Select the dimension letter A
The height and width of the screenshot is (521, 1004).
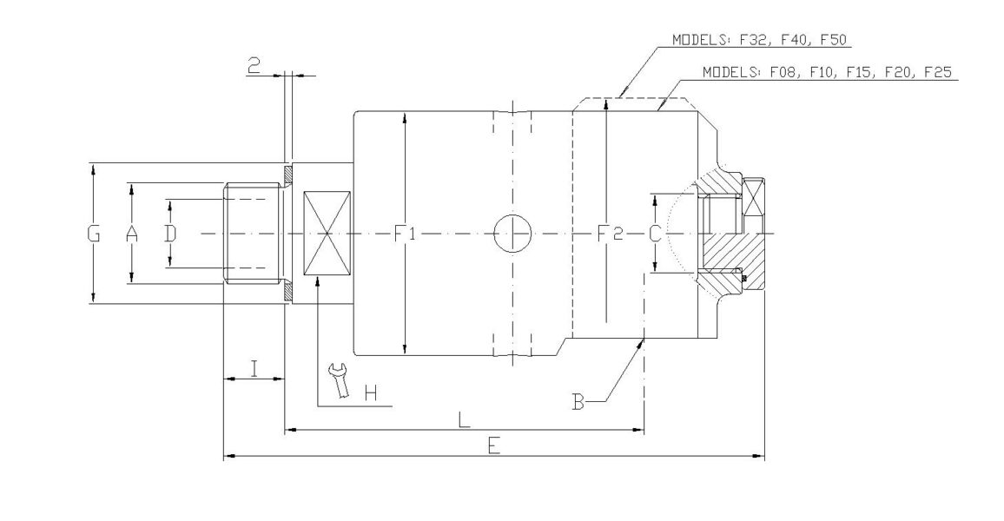132,234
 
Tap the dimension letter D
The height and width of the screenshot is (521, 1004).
170,234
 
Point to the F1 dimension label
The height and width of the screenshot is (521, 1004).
406,234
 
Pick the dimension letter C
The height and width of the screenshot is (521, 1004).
656,234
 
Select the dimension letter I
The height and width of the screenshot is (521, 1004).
254,369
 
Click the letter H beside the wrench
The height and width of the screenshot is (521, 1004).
370,394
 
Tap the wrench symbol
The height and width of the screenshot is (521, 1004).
338,381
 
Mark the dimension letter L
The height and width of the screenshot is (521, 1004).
465,419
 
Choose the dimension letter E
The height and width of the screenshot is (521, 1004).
493,446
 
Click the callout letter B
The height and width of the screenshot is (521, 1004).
578,401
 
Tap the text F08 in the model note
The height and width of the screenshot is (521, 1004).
784,73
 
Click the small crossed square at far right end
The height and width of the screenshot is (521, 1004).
753,198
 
